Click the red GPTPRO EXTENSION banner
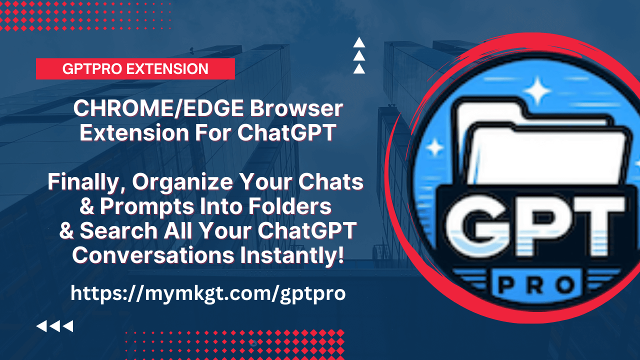click(135, 69)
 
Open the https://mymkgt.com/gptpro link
click(208, 293)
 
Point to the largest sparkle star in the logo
click(537, 90)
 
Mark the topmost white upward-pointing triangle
click(359, 42)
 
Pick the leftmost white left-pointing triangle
click(41, 326)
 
